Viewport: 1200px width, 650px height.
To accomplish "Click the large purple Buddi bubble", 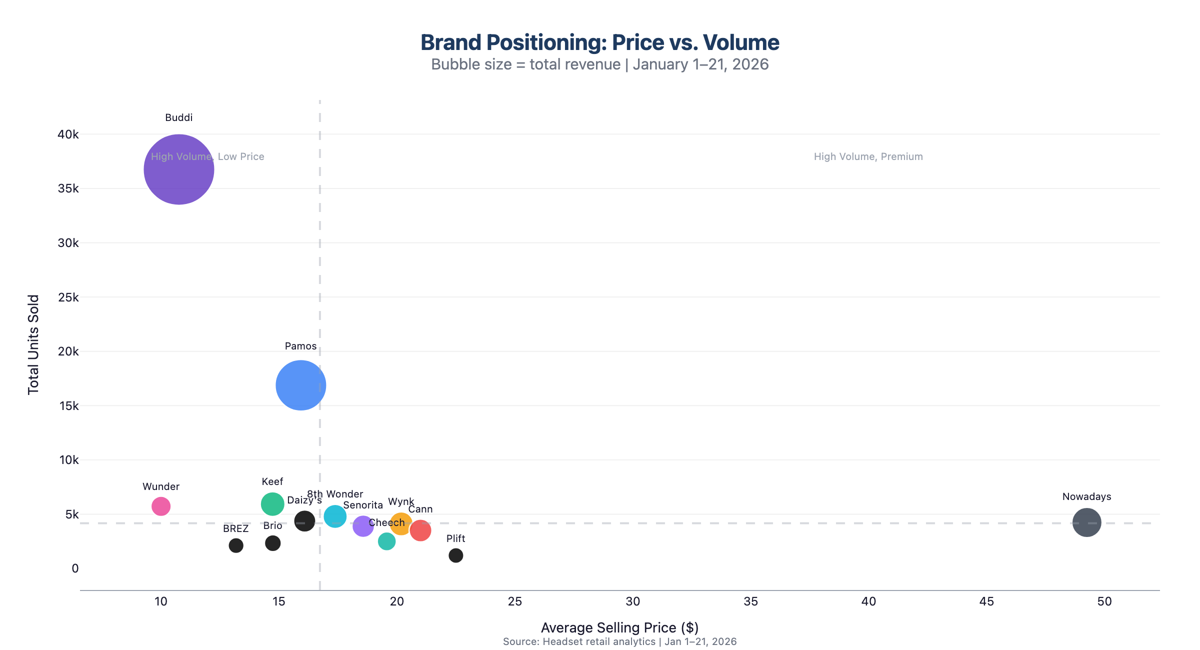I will pos(178,169).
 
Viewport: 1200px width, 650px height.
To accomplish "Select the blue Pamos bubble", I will pos(300,385).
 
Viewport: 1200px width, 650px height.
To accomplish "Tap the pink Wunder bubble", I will pos(161,506).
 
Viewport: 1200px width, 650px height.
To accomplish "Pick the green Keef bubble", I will pos(272,503).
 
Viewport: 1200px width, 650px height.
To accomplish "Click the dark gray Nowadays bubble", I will pos(1086,522).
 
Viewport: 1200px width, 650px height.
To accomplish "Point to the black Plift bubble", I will pos(455,555).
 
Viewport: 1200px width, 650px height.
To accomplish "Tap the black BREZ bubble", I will pos(236,545).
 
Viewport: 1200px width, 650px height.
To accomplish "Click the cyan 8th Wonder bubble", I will pos(334,516).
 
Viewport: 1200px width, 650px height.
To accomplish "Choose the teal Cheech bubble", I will pos(386,541).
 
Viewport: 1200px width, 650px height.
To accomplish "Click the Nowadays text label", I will pos(1086,496).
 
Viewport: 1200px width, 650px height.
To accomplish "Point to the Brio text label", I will pos(272,525).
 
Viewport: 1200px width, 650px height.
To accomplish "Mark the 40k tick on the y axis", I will pos(68,134).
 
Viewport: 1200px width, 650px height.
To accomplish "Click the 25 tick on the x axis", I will pos(514,601).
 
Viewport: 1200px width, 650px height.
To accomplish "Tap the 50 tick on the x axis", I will pos(1104,601).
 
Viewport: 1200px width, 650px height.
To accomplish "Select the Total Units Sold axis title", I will pos(33,345).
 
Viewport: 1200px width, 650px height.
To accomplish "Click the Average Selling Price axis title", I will pos(619,627).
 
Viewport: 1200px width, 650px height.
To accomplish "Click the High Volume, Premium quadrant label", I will pos(868,156).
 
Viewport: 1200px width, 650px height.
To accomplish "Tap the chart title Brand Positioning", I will pos(599,42).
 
